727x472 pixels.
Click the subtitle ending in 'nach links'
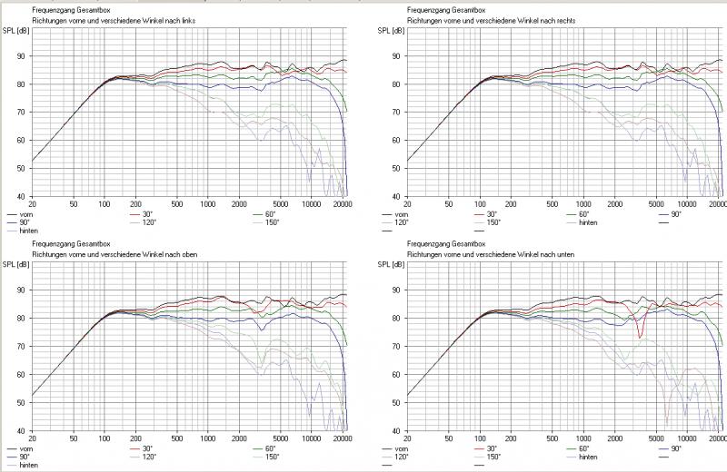(x=114, y=19)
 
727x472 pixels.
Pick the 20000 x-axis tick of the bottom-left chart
(x=342, y=438)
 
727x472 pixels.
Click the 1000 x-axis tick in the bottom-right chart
(x=583, y=438)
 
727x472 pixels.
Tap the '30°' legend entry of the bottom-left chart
(x=147, y=448)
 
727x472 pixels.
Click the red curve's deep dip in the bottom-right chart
(x=640, y=337)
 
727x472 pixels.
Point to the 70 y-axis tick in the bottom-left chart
(x=24, y=347)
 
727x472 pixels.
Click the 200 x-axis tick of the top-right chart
(x=512, y=204)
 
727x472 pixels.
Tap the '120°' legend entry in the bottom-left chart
(x=148, y=457)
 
